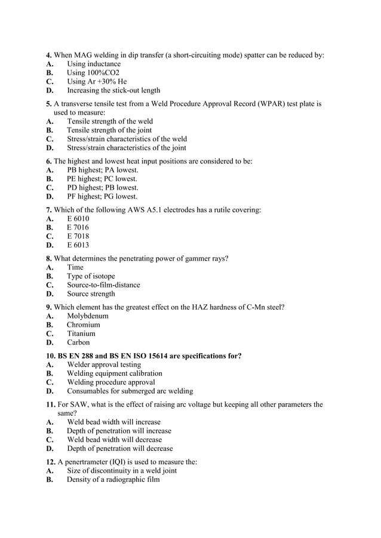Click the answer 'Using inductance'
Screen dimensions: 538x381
(x=93, y=64)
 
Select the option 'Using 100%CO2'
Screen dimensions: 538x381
(x=93, y=73)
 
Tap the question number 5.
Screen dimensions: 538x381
(x=48, y=104)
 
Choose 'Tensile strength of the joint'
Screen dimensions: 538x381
(x=109, y=130)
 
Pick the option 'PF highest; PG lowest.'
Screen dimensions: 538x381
(x=102, y=196)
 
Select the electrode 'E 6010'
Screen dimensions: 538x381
(x=78, y=218)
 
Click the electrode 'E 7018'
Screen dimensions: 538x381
(x=78, y=236)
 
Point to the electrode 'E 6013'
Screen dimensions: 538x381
(x=78, y=245)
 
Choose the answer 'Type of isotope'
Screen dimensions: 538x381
(x=91, y=276)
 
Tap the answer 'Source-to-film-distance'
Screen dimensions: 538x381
(x=103, y=285)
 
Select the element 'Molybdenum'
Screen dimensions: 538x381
(x=88, y=316)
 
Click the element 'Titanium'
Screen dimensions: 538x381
(x=81, y=333)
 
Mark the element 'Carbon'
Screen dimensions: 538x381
(x=78, y=342)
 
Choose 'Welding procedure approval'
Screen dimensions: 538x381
(x=111, y=382)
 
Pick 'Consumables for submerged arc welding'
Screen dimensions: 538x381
(x=130, y=391)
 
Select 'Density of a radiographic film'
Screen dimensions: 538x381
(x=113, y=479)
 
